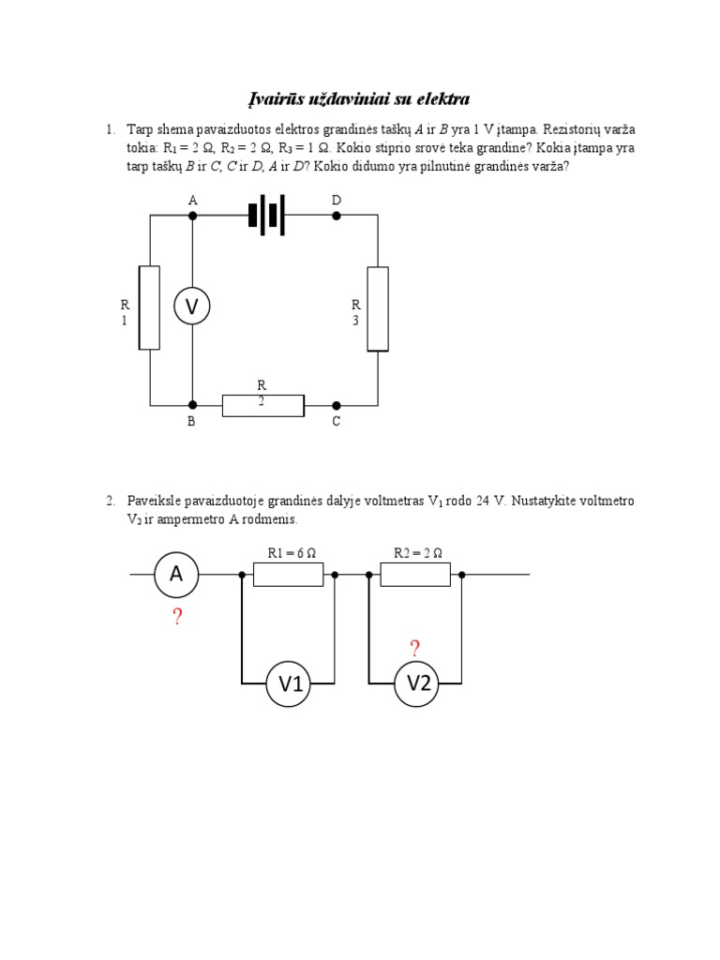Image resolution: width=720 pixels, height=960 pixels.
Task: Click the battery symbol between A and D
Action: (x=265, y=215)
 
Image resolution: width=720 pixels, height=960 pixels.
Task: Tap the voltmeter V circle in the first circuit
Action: (x=192, y=306)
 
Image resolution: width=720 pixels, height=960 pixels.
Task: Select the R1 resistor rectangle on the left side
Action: (x=149, y=307)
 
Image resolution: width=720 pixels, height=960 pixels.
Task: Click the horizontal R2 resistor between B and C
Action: (x=263, y=405)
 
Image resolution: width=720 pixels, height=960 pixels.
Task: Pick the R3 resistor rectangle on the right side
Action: (x=378, y=308)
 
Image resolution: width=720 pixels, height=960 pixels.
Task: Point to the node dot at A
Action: (x=192, y=215)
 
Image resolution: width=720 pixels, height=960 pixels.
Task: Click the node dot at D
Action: (x=337, y=215)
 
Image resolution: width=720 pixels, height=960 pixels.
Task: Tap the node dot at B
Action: (x=192, y=405)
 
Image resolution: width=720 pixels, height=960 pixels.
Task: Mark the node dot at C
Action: (x=337, y=405)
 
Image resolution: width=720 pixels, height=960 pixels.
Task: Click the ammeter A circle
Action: (x=176, y=574)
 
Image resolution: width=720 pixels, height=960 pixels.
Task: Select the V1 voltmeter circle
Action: (x=290, y=685)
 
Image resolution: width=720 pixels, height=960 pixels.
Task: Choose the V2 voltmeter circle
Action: (x=417, y=684)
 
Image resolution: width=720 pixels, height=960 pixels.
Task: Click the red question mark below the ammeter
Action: (x=176, y=617)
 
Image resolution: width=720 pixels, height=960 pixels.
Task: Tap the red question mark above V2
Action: (x=414, y=648)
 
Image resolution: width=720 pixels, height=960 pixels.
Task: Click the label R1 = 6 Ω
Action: (x=290, y=553)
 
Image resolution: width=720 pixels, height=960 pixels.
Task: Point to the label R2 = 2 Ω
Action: (x=417, y=553)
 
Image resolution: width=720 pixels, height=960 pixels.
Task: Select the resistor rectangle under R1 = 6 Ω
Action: (x=289, y=574)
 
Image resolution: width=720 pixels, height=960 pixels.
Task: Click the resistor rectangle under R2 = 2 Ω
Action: (x=416, y=574)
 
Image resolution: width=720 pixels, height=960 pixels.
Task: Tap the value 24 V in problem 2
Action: (x=490, y=502)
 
